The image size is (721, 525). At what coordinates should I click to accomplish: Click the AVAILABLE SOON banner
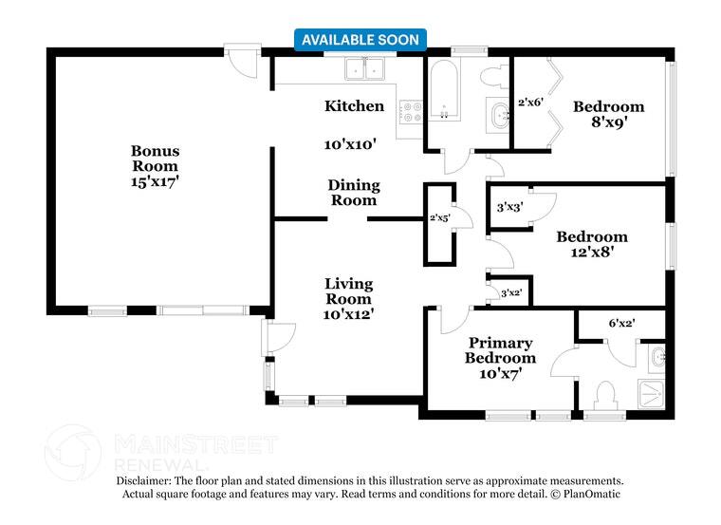click(360, 40)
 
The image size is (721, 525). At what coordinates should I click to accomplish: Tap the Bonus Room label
click(155, 159)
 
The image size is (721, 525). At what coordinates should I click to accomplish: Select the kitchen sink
click(365, 69)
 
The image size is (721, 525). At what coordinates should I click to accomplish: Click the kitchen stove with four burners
click(411, 112)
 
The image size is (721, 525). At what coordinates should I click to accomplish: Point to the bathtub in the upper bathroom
click(444, 89)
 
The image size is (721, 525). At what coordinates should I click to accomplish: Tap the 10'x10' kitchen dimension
click(350, 144)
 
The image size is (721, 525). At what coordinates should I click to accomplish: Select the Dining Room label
click(354, 193)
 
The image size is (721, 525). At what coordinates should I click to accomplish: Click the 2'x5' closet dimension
click(439, 217)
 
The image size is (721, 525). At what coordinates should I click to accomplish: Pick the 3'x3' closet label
click(510, 208)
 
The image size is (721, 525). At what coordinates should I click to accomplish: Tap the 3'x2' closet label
click(511, 292)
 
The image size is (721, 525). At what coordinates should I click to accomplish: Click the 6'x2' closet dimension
click(621, 323)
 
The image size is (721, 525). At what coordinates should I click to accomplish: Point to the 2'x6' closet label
click(531, 103)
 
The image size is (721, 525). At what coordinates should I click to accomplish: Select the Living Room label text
click(348, 291)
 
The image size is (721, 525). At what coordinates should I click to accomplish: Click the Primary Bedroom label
click(500, 350)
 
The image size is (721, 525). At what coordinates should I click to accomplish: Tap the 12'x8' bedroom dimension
click(592, 253)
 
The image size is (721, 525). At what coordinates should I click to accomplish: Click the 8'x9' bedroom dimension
click(609, 122)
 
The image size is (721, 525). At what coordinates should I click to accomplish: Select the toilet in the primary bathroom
click(604, 395)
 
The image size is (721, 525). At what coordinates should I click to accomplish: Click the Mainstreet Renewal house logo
click(73, 453)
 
